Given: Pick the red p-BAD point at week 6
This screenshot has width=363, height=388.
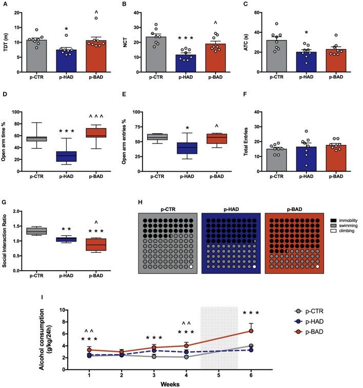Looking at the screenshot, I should pos(251,331).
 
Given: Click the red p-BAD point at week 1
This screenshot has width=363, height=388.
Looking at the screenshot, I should pos(90,350).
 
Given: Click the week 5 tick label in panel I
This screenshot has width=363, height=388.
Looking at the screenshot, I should pos(219,375).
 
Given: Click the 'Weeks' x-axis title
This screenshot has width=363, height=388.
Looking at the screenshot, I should pos(170,383).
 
